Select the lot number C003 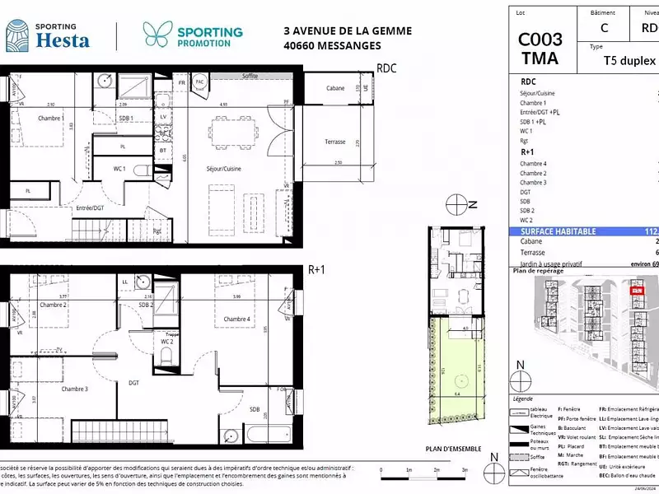coord(540,40)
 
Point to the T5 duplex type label coord(629,61)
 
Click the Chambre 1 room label coord(51,119)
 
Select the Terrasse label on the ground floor coord(334,142)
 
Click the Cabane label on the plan coord(335,88)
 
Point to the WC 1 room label coord(119,169)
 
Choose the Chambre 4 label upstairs coord(236,319)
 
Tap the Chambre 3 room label coord(74,389)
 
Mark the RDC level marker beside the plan coord(386,68)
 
